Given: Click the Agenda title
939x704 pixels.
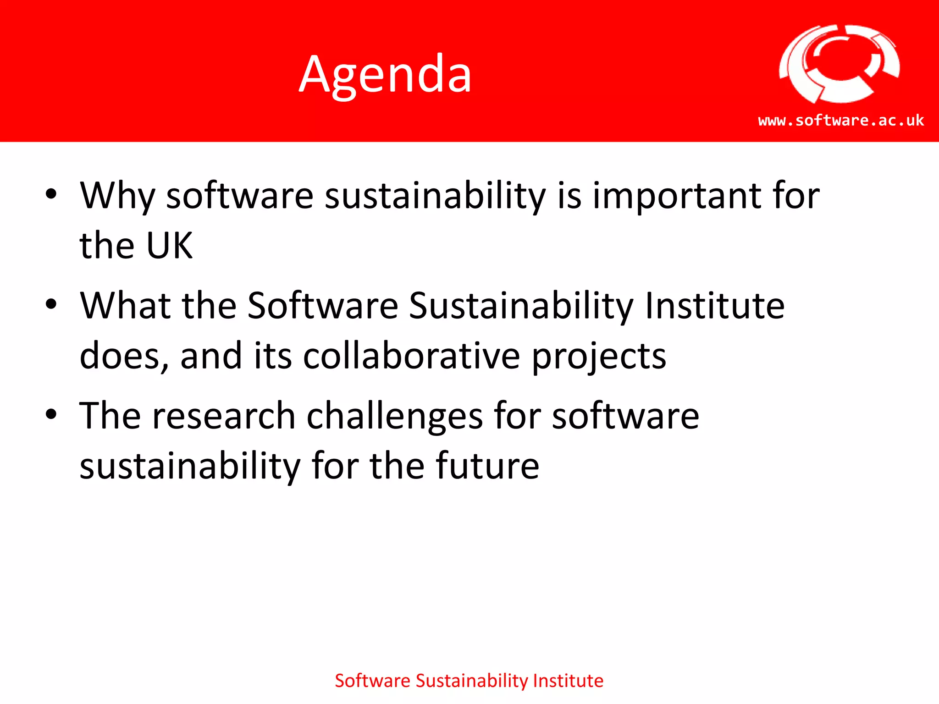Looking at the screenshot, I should pyautogui.click(x=385, y=74).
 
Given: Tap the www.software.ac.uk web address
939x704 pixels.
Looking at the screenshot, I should pyautogui.click(x=841, y=121).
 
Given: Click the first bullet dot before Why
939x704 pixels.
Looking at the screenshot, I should pyautogui.click(x=51, y=194).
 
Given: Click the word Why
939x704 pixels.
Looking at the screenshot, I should pyautogui.click(x=117, y=196).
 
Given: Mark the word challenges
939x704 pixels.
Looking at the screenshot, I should pyautogui.click(x=394, y=416).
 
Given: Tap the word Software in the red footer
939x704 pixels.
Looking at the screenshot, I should pyautogui.click(x=372, y=681).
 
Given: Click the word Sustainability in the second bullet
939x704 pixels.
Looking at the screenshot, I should pyautogui.click(x=521, y=306).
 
